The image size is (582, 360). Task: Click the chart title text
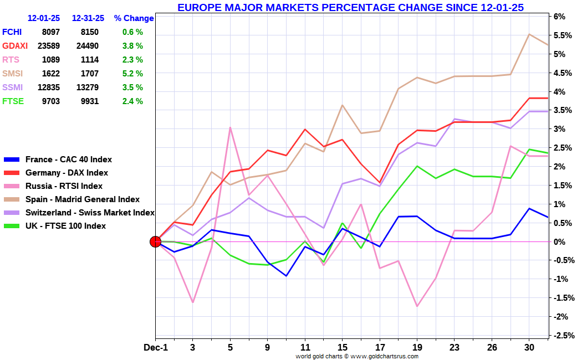[x=350, y=7]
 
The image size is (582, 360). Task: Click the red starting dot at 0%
[x=155, y=241]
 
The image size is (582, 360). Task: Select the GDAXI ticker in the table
[x=15, y=46]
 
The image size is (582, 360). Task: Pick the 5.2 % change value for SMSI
[x=132, y=74]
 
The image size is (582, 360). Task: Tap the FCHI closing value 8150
[x=89, y=32]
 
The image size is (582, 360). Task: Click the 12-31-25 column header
[x=88, y=18]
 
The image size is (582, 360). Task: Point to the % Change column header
[x=134, y=18]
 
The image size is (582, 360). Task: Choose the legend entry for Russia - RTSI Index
[x=64, y=186]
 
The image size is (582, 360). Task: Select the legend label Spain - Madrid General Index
[x=83, y=199]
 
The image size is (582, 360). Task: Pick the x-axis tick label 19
[x=418, y=347]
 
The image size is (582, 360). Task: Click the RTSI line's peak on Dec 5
[x=230, y=128]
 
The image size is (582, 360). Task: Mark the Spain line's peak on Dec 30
[x=529, y=34]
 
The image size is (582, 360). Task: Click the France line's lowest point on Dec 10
[x=287, y=276]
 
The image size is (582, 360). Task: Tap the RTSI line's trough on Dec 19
[x=417, y=306]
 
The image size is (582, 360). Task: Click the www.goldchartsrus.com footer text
[x=385, y=356]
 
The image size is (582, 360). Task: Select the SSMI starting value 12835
[x=49, y=88]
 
